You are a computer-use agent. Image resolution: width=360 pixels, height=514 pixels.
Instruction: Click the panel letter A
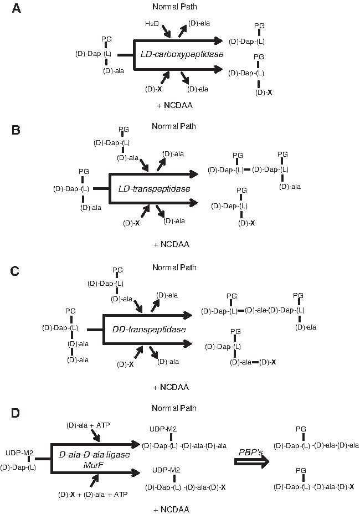coord(16,8)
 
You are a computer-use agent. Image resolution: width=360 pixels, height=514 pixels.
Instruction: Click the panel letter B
coord(16,130)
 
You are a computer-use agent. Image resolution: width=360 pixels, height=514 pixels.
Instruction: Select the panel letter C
coord(15,271)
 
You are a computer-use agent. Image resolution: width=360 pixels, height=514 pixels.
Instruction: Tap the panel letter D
coord(16,413)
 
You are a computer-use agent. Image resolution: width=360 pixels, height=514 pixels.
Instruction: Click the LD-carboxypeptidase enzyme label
coord(182,54)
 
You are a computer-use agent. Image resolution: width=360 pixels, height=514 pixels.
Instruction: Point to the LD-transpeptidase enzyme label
coord(154,189)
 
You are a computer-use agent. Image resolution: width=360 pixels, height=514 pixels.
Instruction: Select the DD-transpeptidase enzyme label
coord(149,330)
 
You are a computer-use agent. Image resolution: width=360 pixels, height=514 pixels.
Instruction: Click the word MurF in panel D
coord(94,465)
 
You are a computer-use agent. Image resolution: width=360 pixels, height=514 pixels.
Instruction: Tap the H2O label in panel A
coord(152,24)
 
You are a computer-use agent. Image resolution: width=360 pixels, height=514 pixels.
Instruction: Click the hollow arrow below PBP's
coord(252,461)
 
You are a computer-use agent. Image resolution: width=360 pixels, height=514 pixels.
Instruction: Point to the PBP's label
coord(251,453)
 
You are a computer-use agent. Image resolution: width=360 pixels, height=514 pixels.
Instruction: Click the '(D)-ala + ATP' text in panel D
coord(88,425)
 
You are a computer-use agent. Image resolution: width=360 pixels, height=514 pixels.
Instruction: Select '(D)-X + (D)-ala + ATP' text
coord(93,494)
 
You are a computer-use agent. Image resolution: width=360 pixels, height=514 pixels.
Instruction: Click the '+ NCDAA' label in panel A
coord(175,105)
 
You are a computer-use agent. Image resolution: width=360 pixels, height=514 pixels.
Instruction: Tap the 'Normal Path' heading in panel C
coord(174,268)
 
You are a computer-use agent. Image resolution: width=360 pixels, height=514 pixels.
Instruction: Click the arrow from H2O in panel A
coord(166,31)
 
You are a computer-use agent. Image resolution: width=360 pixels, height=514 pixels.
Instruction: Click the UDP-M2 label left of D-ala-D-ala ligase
coord(19,453)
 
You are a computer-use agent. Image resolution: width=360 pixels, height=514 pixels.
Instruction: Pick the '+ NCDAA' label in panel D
coord(172,509)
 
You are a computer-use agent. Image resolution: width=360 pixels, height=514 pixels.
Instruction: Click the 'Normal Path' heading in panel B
coord(174,126)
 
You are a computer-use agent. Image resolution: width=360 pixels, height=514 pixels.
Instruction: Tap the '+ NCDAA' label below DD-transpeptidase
coord(171,387)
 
